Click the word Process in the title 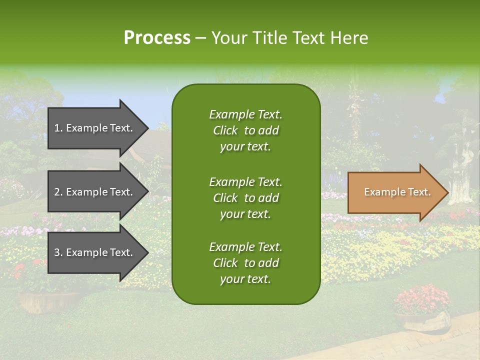pyautogui.click(x=157, y=38)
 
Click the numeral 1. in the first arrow pyautogui.click(x=58, y=128)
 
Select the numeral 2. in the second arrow pyautogui.click(x=58, y=192)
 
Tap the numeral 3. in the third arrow pyautogui.click(x=58, y=252)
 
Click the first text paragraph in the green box pyautogui.click(x=245, y=130)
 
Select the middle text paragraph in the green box pyautogui.click(x=245, y=198)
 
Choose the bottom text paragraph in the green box pyautogui.click(x=245, y=263)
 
